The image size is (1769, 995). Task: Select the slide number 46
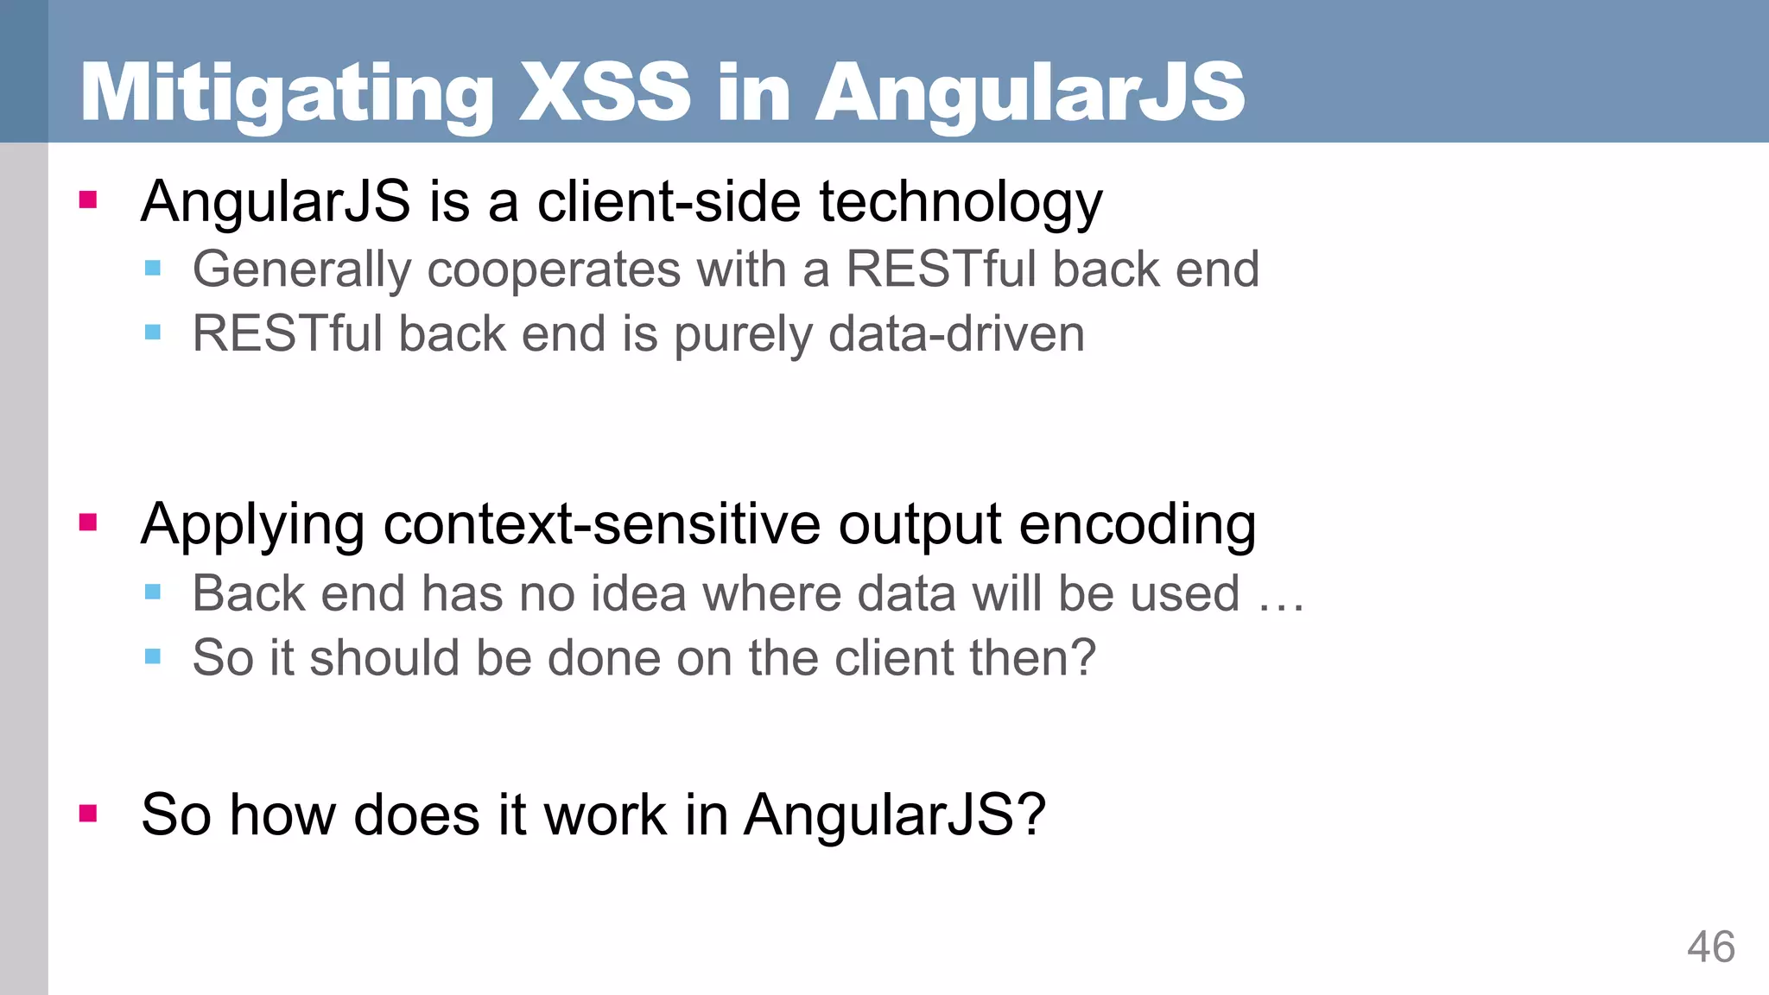[x=1710, y=947]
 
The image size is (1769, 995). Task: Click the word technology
[x=961, y=203]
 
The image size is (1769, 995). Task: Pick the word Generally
[x=301, y=269]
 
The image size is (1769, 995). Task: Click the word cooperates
[x=554, y=269]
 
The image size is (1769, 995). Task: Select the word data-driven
[x=956, y=334]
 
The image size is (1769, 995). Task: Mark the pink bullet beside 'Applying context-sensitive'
[x=88, y=523]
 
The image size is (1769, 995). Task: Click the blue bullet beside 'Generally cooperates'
[x=153, y=268]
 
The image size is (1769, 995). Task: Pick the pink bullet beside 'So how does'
[x=88, y=813]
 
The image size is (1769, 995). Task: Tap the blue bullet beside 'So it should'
[x=153, y=656]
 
